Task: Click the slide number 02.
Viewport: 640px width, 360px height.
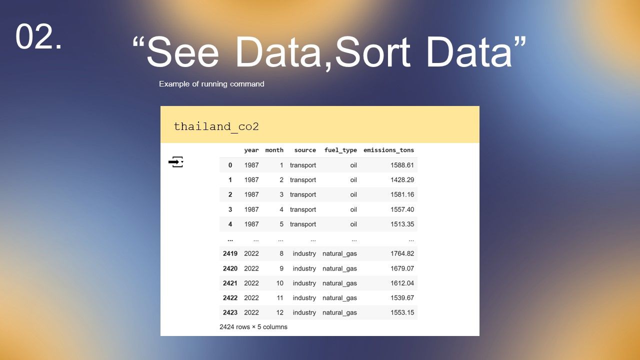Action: [x=38, y=36]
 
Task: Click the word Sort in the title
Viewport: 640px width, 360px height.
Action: [x=373, y=52]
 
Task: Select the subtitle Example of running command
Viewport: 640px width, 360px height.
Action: [x=211, y=84]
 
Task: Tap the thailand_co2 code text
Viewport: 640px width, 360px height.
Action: [x=216, y=126]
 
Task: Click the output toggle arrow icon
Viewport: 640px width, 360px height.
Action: [x=176, y=162]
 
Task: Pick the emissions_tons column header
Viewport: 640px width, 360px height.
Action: [x=388, y=150]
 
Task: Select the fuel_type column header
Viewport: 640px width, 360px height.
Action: [x=340, y=150]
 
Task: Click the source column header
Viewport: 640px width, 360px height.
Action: [x=305, y=150]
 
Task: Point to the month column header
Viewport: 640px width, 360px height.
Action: [x=274, y=150]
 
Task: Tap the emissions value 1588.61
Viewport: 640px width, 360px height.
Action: [x=402, y=165]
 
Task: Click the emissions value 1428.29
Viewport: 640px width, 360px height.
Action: [x=402, y=179]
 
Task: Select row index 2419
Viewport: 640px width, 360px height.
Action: [x=230, y=253]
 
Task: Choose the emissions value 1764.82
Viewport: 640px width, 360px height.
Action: [x=402, y=253]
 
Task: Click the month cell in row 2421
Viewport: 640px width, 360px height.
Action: [x=279, y=283]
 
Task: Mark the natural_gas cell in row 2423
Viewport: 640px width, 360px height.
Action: [x=339, y=312]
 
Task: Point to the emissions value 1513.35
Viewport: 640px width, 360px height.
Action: [x=402, y=224]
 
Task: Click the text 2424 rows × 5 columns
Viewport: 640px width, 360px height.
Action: [x=253, y=327]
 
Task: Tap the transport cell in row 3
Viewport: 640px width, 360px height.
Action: [x=303, y=209]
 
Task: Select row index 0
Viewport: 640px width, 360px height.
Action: [x=230, y=165]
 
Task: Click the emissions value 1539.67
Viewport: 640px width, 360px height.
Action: [x=402, y=297]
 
